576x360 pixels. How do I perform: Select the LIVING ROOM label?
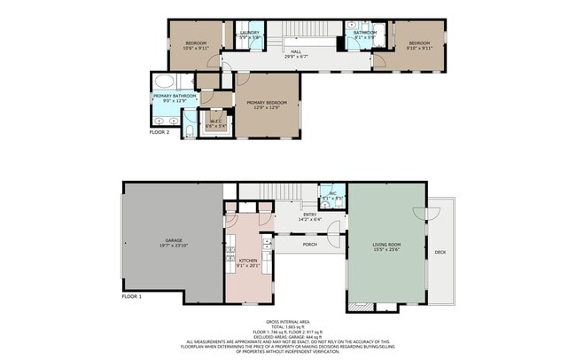click(x=386, y=247)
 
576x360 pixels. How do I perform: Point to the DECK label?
click(x=440, y=253)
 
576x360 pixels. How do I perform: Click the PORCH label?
click(x=310, y=244)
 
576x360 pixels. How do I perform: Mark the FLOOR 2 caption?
click(x=160, y=132)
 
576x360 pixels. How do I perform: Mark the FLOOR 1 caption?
click(x=131, y=297)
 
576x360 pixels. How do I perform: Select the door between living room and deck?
click(x=432, y=215)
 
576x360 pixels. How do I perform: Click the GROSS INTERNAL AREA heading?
click(x=289, y=321)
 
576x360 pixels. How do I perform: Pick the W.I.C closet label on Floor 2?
click(x=215, y=123)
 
